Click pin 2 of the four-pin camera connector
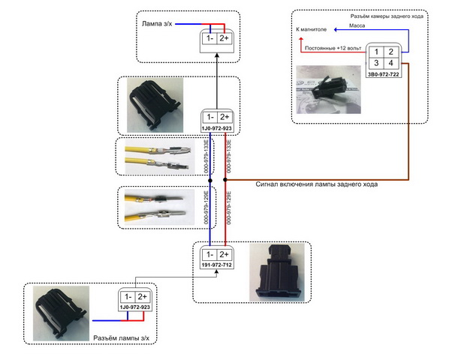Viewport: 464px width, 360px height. (x=392, y=52)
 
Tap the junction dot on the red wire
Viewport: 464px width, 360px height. (x=224, y=180)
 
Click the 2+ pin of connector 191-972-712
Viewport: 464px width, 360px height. (x=224, y=253)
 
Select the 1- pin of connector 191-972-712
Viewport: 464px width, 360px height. (x=209, y=253)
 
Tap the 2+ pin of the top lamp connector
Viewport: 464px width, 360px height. (x=224, y=38)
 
